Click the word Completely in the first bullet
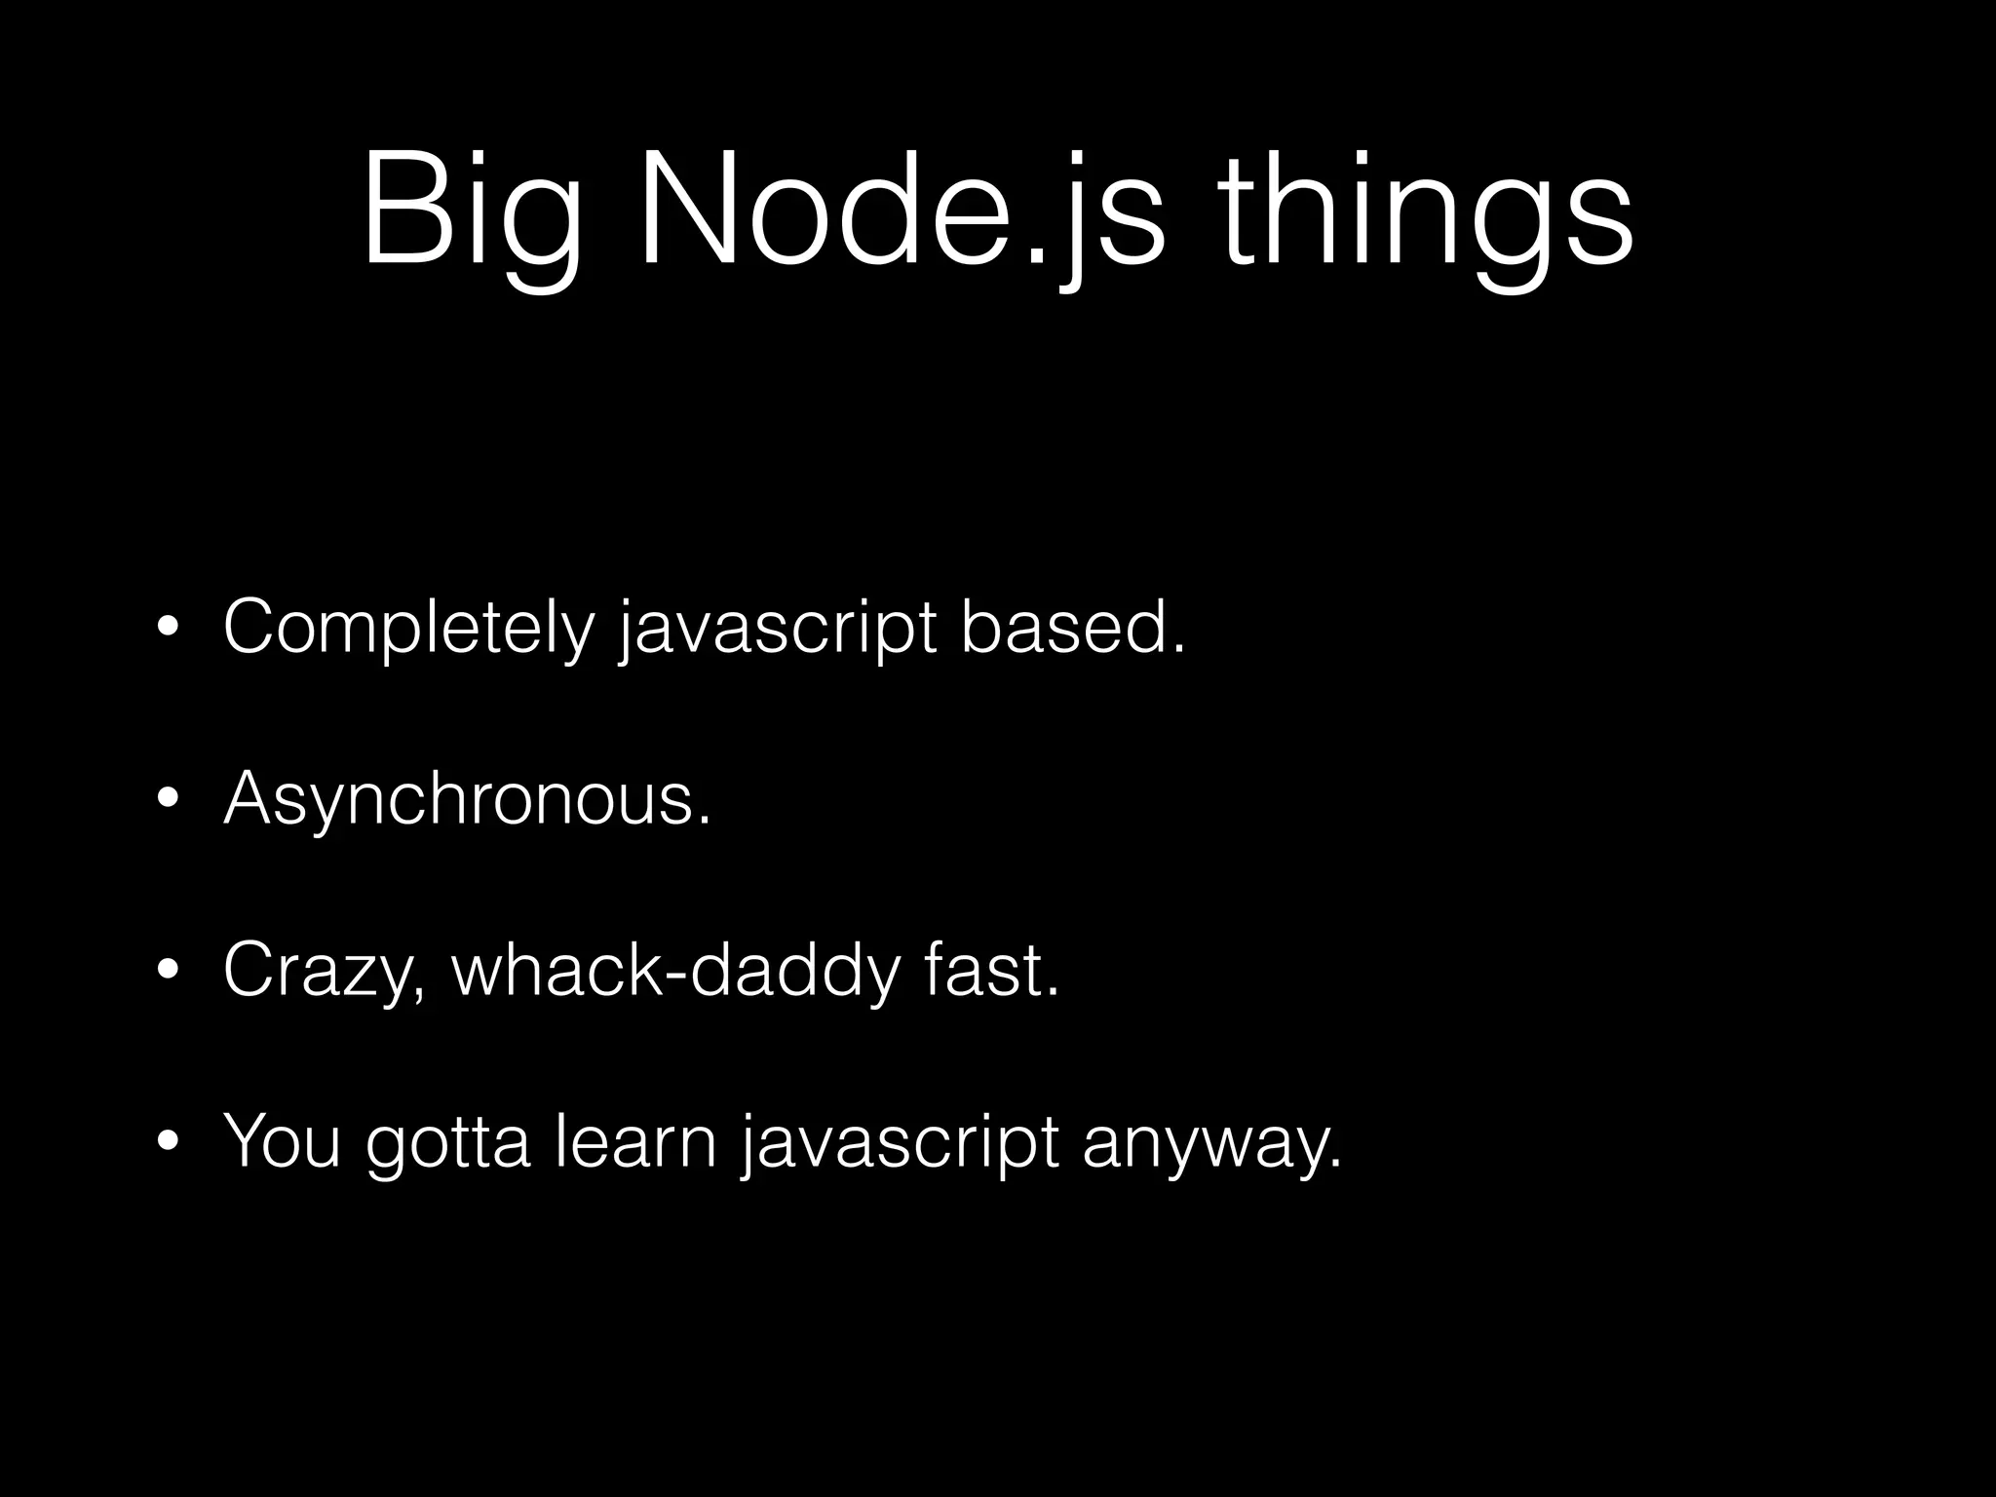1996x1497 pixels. [x=408, y=629]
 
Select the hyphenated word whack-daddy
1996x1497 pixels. [x=672, y=970]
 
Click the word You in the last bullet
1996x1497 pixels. [x=283, y=1141]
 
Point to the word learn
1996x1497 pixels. [x=634, y=1141]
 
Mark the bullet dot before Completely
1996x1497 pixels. [x=170, y=629]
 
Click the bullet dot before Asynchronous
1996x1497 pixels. [x=170, y=800]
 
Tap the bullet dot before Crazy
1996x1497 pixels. [x=170, y=972]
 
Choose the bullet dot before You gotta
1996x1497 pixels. [x=170, y=1142]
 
